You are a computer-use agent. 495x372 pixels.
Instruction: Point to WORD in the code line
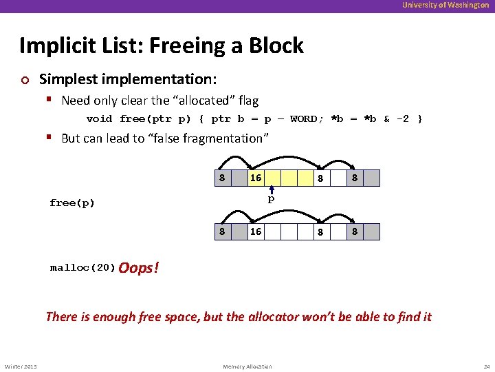click(303, 118)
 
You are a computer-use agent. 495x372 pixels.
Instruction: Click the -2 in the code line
click(401, 118)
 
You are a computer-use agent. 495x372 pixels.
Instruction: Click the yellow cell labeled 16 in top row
click(256, 178)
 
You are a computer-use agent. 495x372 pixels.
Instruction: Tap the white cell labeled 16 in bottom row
click(256, 231)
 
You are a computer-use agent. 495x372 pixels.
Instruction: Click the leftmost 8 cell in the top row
click(221, 178)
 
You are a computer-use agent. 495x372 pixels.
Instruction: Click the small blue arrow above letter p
click(272, 190)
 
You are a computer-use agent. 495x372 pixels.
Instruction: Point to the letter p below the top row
click(272, 200)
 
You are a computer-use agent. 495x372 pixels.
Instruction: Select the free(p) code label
click(72, 203)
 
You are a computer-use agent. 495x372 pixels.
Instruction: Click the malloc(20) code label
click(82, 268)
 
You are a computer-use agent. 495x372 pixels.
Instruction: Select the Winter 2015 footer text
click(21, 366)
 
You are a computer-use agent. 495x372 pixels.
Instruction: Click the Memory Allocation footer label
click(247, 366)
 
